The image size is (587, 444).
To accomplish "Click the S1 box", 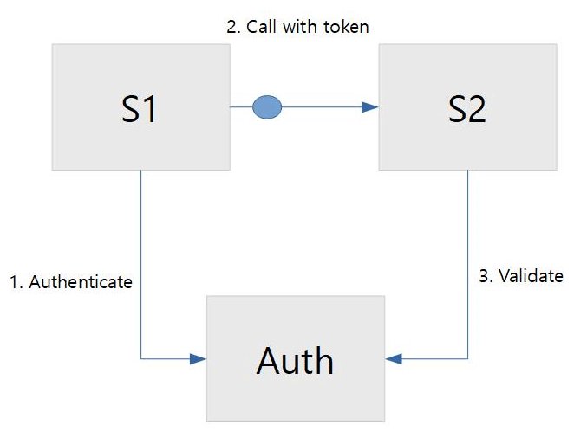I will point(140,107).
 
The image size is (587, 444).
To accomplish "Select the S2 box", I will point(466,107).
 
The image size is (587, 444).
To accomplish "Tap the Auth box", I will point(295,358).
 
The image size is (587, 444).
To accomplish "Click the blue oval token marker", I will point(267,107).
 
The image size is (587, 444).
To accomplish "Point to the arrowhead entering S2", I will point(371,107).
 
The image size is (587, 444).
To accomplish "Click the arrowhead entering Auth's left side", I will point(199,357).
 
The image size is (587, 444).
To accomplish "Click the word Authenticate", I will point(81,282).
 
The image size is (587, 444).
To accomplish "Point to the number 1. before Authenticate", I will point(16,282).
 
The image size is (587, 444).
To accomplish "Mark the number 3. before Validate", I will point(486,276).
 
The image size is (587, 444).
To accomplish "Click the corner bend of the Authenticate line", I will point(140,357).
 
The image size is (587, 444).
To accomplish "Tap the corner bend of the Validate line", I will point(468,357).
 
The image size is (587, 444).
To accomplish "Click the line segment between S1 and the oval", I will point(241,107).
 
